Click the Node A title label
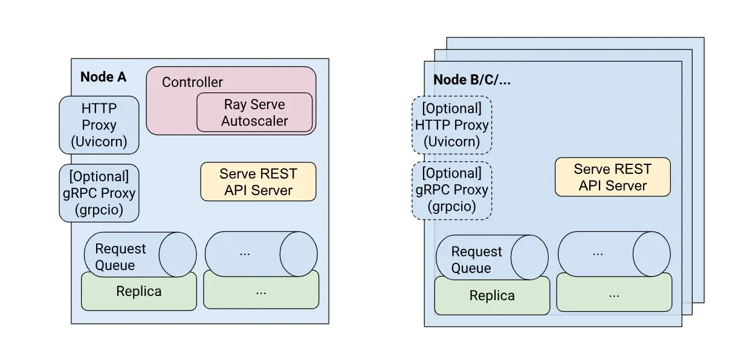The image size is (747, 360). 103,77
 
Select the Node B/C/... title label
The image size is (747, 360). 473,80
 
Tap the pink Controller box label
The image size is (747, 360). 192,82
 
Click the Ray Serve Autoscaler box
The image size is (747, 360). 254,112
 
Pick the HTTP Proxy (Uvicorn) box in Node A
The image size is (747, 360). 99,125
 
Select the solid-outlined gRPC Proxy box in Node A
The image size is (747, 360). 99,193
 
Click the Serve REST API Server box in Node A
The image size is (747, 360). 258,182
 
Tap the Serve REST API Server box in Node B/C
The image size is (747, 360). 612,178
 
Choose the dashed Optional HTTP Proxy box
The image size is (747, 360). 451,125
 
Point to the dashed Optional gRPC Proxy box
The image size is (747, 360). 451,190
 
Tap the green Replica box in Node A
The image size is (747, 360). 139,292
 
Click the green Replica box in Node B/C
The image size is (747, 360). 492,296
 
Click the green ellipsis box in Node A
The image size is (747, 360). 261,292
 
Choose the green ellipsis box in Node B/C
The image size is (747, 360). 614,296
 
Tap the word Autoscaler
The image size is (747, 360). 254,121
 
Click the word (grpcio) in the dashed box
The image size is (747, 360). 451,207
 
